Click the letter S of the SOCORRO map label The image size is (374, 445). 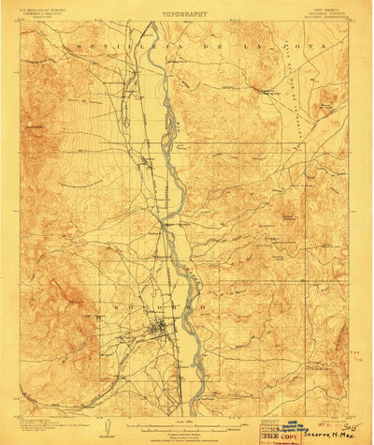coord(113,306)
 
